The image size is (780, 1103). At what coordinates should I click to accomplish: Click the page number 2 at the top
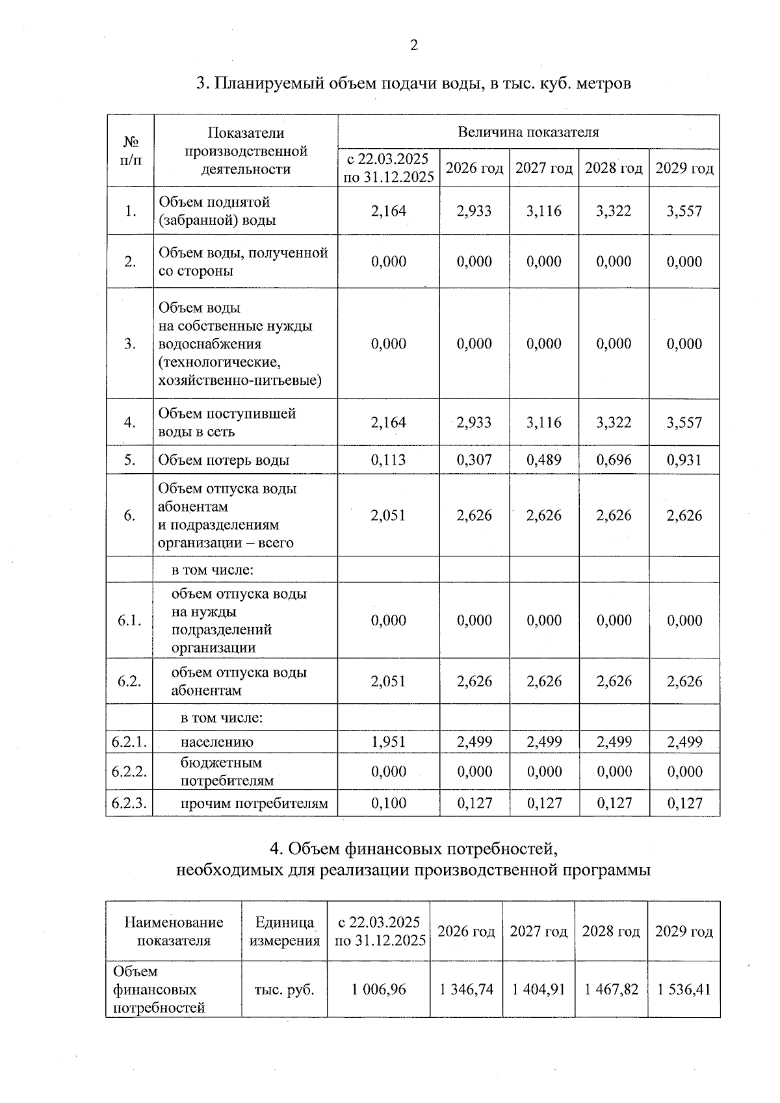coord(413,45)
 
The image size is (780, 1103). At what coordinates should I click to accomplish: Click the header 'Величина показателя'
coord(528,132)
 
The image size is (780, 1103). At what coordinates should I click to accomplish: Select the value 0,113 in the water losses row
coord(388,460)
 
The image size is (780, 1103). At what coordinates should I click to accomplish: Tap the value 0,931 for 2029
coord(684,460)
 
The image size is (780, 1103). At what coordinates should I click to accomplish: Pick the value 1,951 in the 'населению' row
coord(388,742)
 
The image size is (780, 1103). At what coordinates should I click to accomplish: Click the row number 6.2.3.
coord(129,803)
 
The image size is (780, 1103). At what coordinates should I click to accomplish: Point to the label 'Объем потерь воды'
coord(224,460)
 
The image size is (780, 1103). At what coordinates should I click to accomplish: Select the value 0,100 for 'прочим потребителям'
coord(388,803)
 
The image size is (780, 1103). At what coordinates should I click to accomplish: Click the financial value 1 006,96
coord(378,989)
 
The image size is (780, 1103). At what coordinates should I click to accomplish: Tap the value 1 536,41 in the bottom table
coord(684,989)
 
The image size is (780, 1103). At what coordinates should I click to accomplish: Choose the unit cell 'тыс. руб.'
coord(284,989)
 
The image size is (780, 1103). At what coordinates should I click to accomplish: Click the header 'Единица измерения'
coord(284,931)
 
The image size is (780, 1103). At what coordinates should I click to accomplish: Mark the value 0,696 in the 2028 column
coord(614,460)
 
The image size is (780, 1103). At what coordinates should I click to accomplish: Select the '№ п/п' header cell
coord(131,151)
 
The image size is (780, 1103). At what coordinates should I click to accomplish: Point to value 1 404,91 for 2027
coord(538,989)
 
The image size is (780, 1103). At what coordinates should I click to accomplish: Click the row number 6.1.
coord(129,620)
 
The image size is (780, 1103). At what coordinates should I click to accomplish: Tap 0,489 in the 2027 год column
coord(543,460)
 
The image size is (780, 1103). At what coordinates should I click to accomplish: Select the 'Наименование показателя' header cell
coord(174,931)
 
